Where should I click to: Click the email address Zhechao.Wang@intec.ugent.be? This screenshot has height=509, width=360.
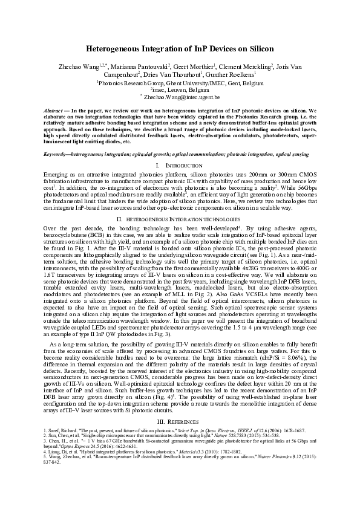point(182,96)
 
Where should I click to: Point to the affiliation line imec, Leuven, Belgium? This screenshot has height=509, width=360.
point(180,89)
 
